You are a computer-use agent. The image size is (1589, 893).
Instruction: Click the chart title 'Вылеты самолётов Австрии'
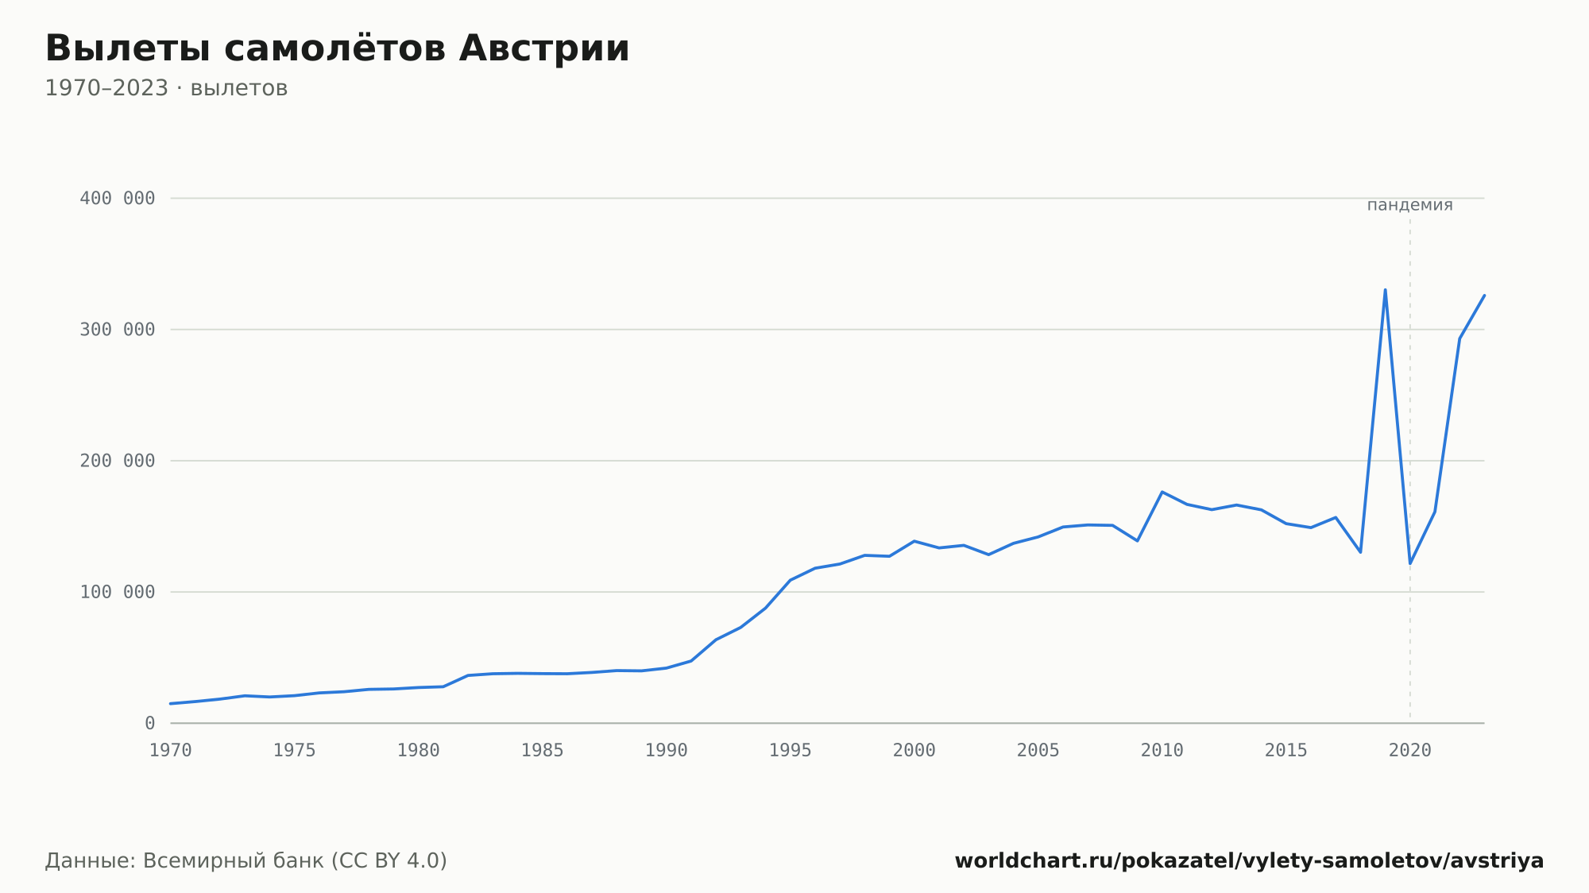pos(337,48)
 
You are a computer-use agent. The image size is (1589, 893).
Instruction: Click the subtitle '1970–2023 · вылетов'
pos(166,88)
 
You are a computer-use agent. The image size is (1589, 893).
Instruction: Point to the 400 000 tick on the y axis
pos(118,198)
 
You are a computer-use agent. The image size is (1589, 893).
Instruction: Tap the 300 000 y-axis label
pos(118,330)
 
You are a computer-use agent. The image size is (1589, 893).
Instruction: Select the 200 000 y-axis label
pos(118,461)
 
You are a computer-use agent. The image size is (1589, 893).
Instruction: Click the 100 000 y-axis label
pos(118,592)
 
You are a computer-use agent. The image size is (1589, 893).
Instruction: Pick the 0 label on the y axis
pos(150,723)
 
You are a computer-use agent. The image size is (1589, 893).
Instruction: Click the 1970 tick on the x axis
pos(171,750)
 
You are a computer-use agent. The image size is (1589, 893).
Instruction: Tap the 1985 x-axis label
pos(543,750)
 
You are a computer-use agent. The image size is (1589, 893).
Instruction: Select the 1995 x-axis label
pos(791,750)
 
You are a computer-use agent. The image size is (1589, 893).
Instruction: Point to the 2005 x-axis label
pos(1038,750)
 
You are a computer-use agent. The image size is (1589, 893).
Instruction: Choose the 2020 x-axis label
pos(1410,750)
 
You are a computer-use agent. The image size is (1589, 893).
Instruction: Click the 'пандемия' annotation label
pos(1410,205)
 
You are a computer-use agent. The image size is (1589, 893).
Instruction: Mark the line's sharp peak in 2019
pos(1385,290)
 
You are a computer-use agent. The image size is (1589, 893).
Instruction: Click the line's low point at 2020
pos(1410,563)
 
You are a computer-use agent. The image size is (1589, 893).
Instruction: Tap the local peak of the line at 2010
pos(1162,492)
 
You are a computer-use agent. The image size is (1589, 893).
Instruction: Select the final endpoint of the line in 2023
pos(1484,296)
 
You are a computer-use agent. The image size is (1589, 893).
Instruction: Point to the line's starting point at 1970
pos(171,703)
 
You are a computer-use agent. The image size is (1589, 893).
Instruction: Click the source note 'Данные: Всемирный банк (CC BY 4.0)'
pos(246,860)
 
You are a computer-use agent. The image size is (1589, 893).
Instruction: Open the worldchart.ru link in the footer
pos(1249,860)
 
